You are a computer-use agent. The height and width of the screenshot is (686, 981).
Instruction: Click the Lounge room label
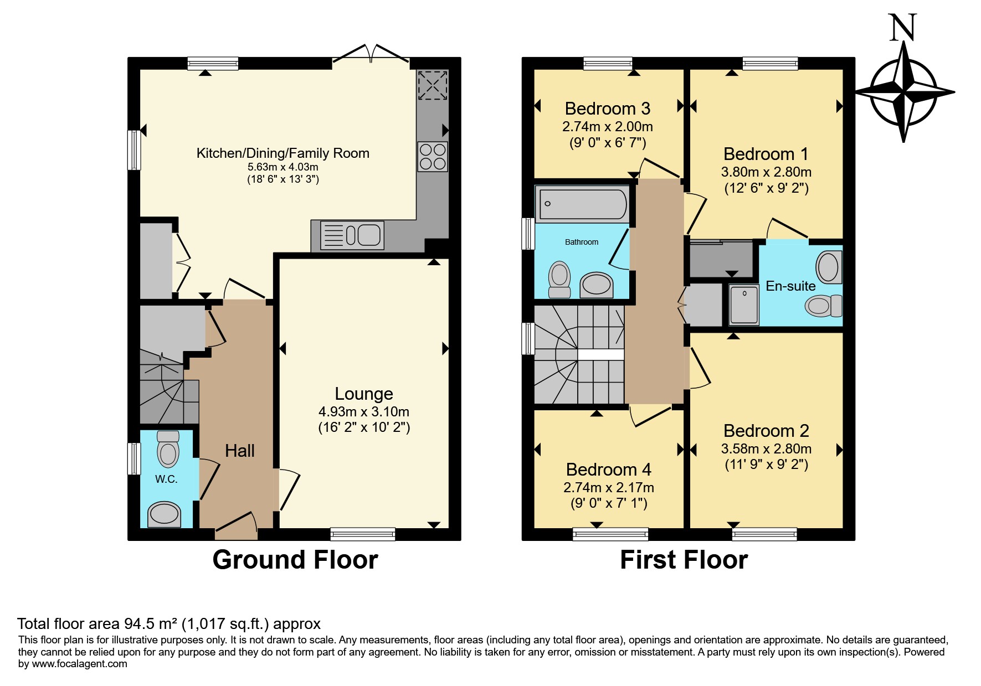(364, 394)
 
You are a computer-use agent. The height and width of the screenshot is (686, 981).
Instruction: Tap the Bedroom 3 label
(608, 109)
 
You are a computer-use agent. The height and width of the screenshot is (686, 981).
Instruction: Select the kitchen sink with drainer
(352, 235)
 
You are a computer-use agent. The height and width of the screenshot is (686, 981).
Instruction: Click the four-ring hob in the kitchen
(433, 157)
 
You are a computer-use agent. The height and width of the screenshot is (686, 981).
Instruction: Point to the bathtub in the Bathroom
(582, 204)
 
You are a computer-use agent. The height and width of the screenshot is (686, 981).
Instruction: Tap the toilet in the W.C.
(168, 449)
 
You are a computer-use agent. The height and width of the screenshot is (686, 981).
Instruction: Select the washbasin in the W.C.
(164, 514)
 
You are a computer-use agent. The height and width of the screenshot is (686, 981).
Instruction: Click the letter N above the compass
(903, 28)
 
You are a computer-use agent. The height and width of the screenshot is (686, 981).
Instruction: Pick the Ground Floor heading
(295, 560)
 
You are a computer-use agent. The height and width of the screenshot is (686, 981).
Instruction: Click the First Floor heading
(684, 560)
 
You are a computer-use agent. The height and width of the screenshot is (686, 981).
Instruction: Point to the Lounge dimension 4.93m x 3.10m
(364, 412)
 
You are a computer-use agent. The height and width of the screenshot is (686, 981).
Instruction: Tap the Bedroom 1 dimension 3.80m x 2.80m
(767, 172)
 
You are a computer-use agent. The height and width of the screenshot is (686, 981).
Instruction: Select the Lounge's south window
(363, 534)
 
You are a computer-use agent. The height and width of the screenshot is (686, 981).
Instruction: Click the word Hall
(240, 451)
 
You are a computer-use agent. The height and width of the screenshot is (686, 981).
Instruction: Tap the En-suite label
(790, 286)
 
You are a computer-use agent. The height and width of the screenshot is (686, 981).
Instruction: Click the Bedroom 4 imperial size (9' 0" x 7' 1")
(609, 503)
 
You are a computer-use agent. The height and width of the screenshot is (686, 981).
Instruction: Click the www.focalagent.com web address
(80, 664)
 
